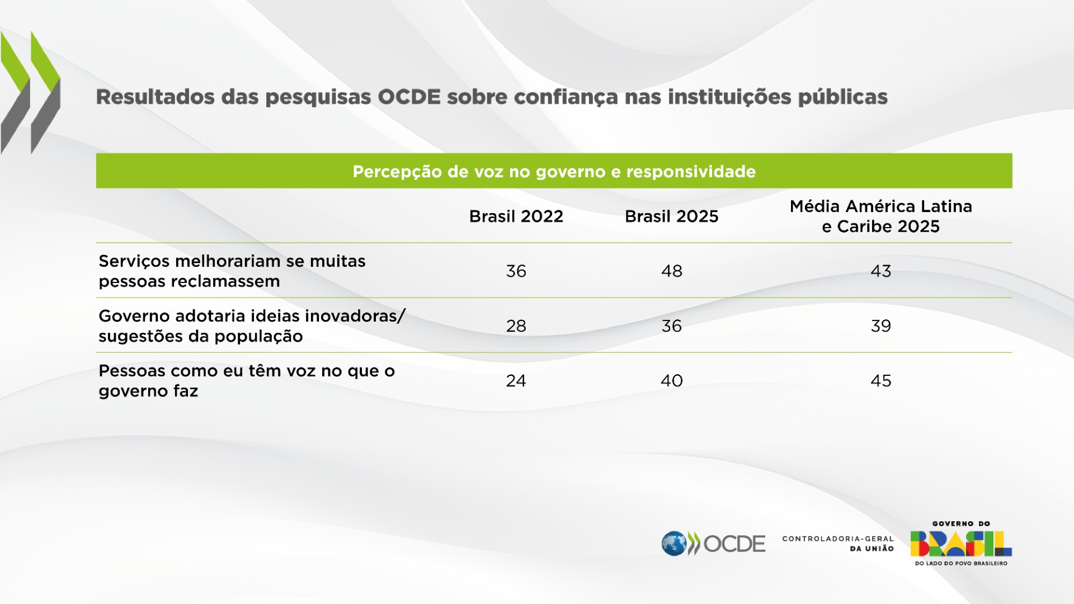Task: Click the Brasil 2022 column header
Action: tap(516, 216)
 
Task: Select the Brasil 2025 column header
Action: tap(671, 216)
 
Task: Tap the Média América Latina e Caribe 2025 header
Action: tap(880, 216)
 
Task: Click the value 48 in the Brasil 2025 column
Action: tap(671, 271)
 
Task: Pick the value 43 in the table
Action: tap(880, 271)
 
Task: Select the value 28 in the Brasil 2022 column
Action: tap(516, 326)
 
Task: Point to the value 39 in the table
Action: tap(880, 326)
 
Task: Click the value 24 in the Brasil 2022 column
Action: tap(516, 381)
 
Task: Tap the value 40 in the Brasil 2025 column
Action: tap(671, 381)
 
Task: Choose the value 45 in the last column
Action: tap(880, 381)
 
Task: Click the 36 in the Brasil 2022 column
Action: tap(516, 271)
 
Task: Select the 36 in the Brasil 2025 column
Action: tap(671, 326)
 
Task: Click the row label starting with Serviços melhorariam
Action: tap(232, 271)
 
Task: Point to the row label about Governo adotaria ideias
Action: tap(252, 326)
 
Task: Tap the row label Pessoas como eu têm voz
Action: tap(246, 381)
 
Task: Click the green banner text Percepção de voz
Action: tap(554, 172)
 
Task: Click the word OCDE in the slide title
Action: tap(409, 97)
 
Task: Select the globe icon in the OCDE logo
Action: tap(673, 543)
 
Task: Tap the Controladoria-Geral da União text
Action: tap(837, 544)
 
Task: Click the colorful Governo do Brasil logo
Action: tap(960, 544)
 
